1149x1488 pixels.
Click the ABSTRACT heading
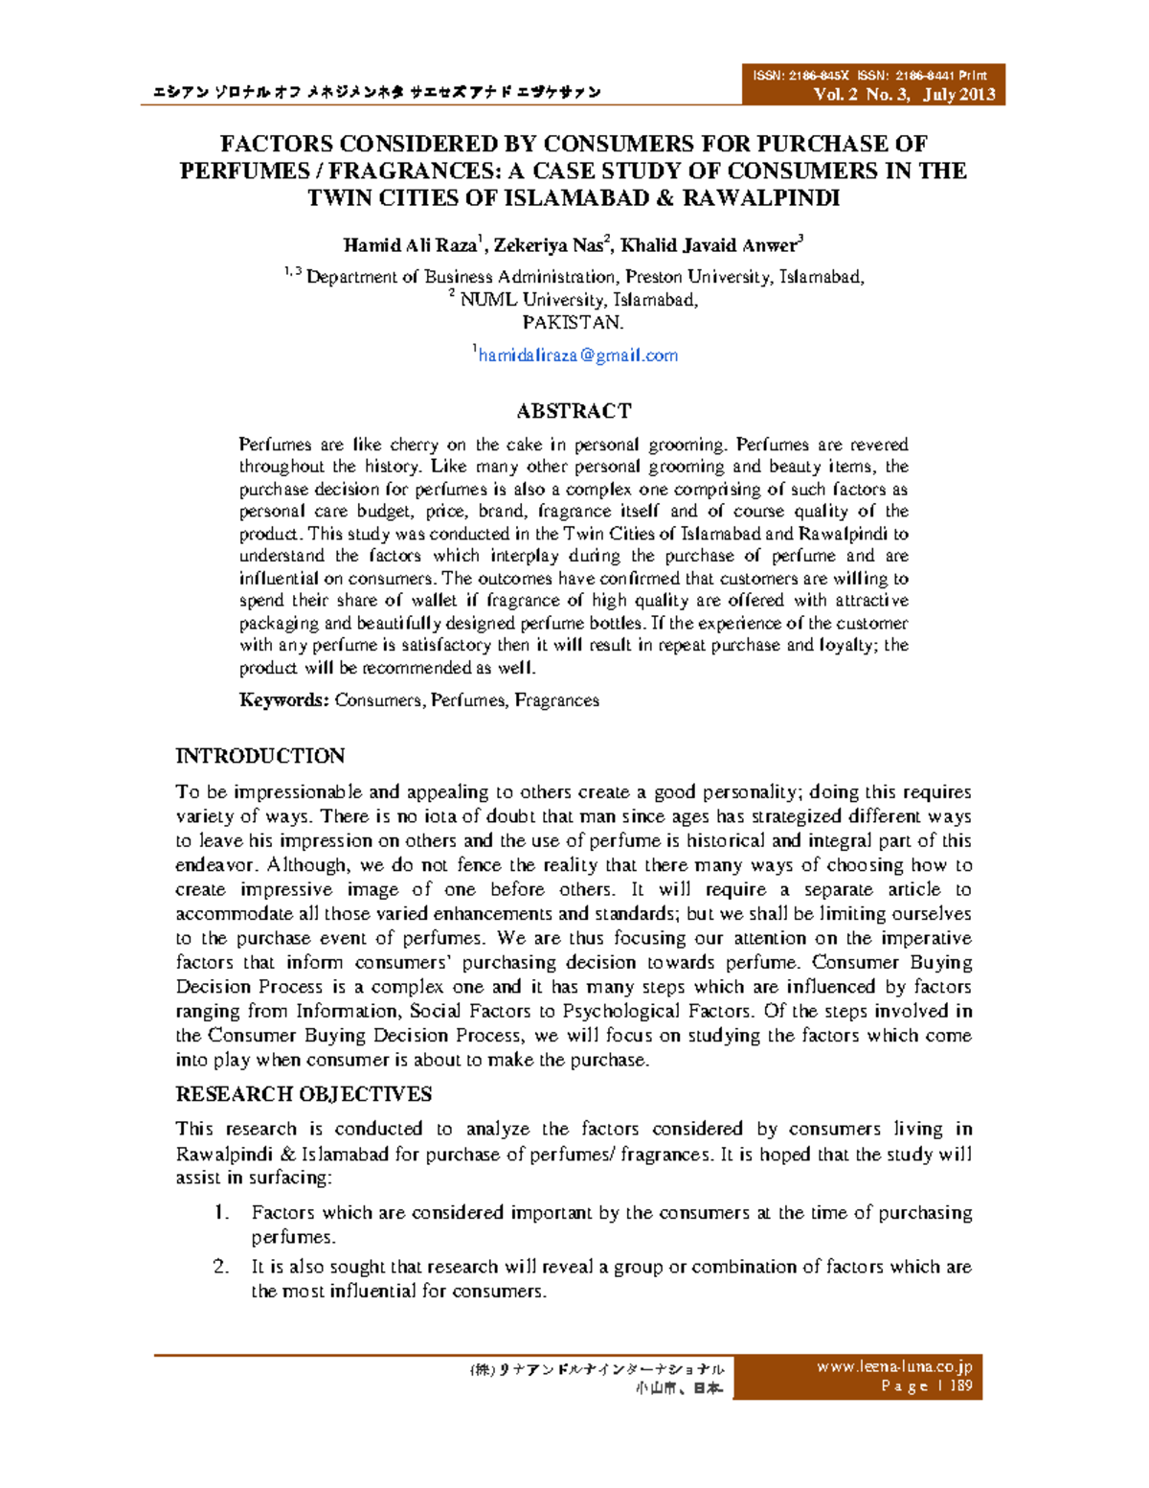[x=574, y=411]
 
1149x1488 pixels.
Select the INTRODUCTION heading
[x=259, y=756]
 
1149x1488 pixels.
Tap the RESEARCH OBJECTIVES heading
[x=304, y=1094]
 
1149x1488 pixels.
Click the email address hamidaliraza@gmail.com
[x=577, y=355]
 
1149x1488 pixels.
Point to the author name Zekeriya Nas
[x=548, y=245]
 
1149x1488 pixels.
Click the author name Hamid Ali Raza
[x=409, y=245]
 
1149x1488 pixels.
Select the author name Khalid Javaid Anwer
[x=708, y=245]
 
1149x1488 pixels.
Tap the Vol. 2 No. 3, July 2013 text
[x=904, y=94]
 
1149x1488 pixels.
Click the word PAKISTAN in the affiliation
[x=573, y=323]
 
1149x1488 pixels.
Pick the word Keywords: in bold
[x=283, y=700]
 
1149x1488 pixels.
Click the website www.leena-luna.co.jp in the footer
[x=893, y=1367]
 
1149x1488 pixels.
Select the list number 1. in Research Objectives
[x=221, y=1213]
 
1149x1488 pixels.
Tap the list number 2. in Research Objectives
[x=221, y=1267]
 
